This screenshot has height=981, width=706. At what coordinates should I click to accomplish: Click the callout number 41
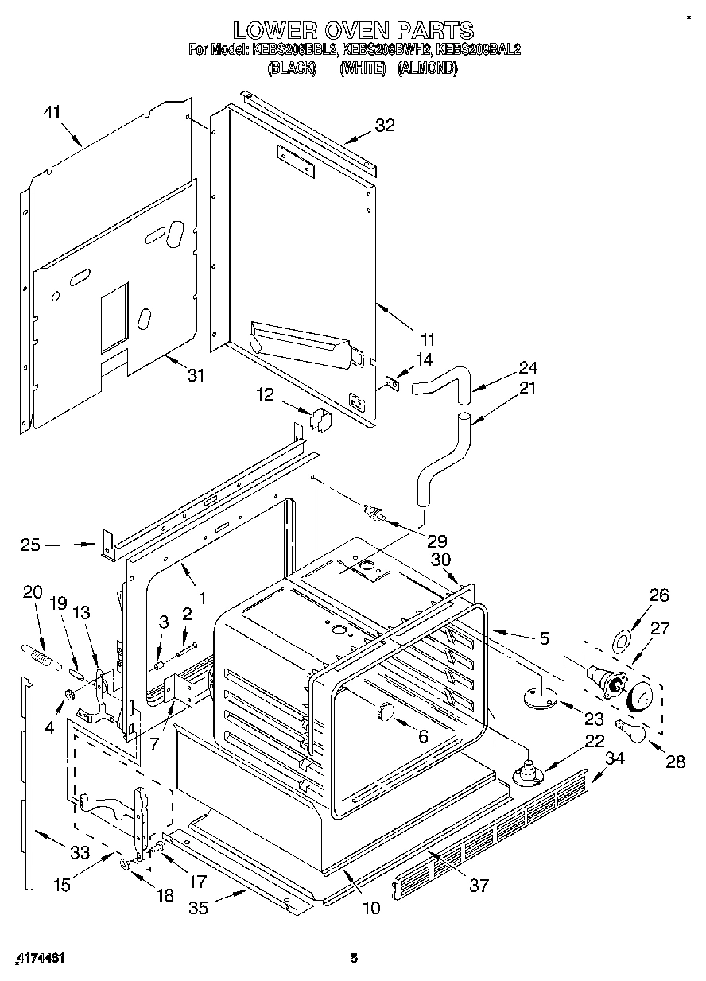tap(52, 113)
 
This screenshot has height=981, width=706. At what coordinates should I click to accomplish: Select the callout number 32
tap(385, 125)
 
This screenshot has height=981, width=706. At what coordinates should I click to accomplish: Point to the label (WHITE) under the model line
tap(362, 68)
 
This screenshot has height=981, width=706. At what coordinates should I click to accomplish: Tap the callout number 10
tap(370, 907)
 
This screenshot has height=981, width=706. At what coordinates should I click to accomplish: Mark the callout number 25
tap(31, 545)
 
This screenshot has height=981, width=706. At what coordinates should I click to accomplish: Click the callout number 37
tap(479, 885)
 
